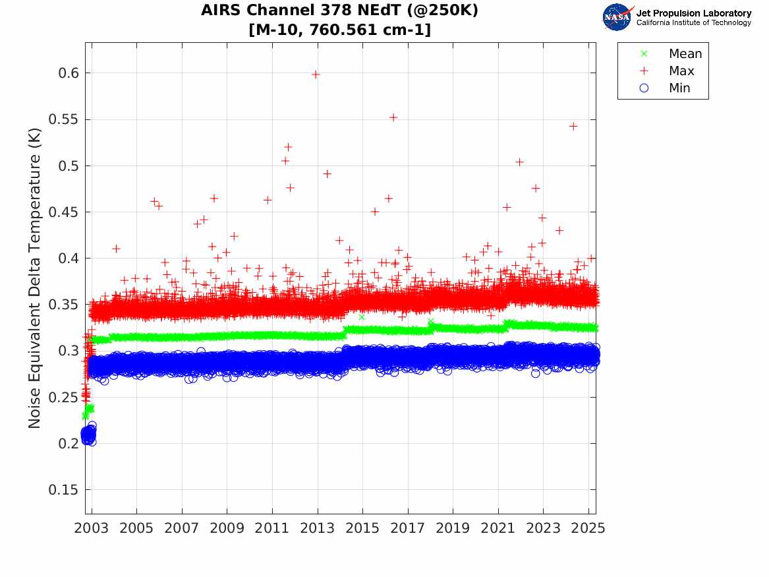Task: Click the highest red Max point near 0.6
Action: (316, 75)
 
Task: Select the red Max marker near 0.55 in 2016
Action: (393, 117)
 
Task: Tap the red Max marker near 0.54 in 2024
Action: (573, 126)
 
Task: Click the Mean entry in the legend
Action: (685, 54)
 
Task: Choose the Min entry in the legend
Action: (679, 88)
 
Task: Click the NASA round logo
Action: (617, 17)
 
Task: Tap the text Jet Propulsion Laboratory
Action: (693, 13)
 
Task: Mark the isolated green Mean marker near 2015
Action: (361, 317)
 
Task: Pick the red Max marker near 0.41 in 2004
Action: (116, 249)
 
